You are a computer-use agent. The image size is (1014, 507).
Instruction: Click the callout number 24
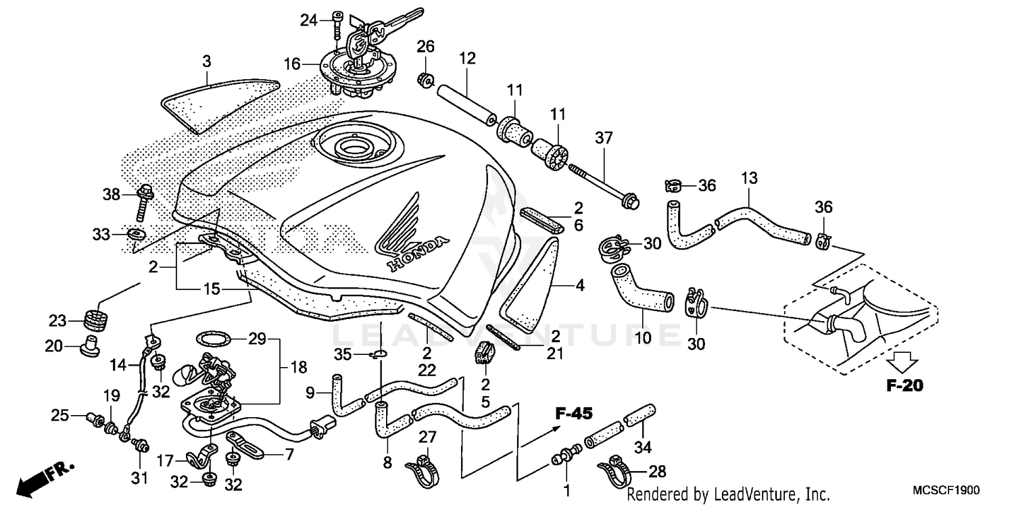309,21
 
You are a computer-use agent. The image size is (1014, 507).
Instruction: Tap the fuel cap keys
379,30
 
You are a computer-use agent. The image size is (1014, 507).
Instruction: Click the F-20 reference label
904,386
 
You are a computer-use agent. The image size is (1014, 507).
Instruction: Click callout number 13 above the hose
749,178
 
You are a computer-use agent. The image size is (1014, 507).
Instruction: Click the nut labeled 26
427,80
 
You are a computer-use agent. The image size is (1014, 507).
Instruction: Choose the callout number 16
291,65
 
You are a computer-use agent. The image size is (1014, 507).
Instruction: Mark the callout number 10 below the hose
643,336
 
